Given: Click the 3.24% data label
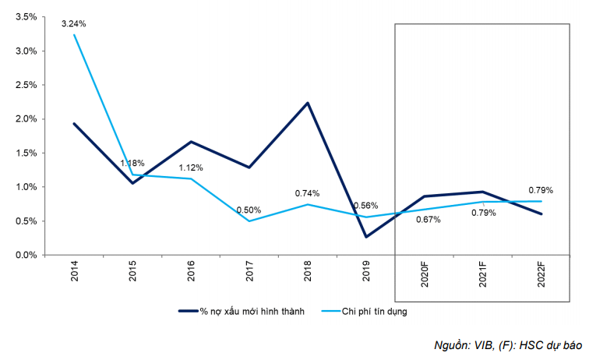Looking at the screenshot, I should pyautogui.click(x=74, y=23).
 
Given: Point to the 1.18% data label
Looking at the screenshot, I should pyautogui.click(x=132, y=163).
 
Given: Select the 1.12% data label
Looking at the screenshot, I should pyautogui.click(x=190, y=167).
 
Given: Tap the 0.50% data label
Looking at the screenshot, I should pyautogui.click(x=249, y=210).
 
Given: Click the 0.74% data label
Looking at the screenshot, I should pyautogui.click(x=308, y=192).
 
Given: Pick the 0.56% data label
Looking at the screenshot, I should pyautogui.click(x=366, y=206).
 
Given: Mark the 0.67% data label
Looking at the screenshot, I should pyautogui.click(x=428, y=219).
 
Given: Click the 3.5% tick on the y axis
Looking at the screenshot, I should pyautogui.click(x=26, y=17).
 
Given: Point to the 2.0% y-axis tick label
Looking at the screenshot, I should pyautogui.click(x=26, y=119).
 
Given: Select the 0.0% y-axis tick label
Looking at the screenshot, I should pyautogui.click(x=26, y=255).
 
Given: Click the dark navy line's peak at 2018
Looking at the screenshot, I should pyautogui.click(x=309, y=103).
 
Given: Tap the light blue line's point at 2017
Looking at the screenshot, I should pyautogui.click(x=250, y=221).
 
